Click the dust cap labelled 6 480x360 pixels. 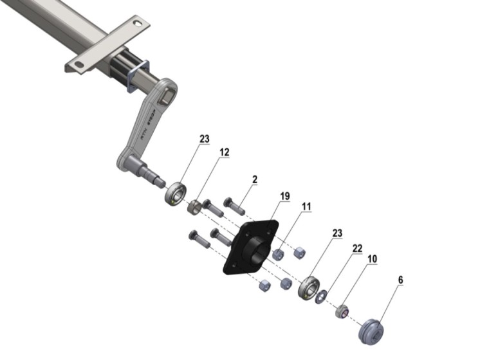(371, 332)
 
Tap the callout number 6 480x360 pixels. (400, 280)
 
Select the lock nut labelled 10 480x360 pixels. (342, 311)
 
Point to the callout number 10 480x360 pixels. (373, 259)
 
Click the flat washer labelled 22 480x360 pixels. (321, 298)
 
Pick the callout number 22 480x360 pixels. (357, 248)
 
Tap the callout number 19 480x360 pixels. (284, 196)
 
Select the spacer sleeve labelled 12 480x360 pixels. (194, 207)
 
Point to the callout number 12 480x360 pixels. (225, 152)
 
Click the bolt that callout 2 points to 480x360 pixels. (234, 206)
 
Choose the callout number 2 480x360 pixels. (255, 179)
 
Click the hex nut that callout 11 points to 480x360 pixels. (278, 255)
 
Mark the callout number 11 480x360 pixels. (306, 207)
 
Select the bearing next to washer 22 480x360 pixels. (309, 288)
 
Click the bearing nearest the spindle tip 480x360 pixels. (176, 194)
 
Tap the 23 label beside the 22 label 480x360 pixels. (337, 233)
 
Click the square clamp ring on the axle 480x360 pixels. (138, 76)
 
